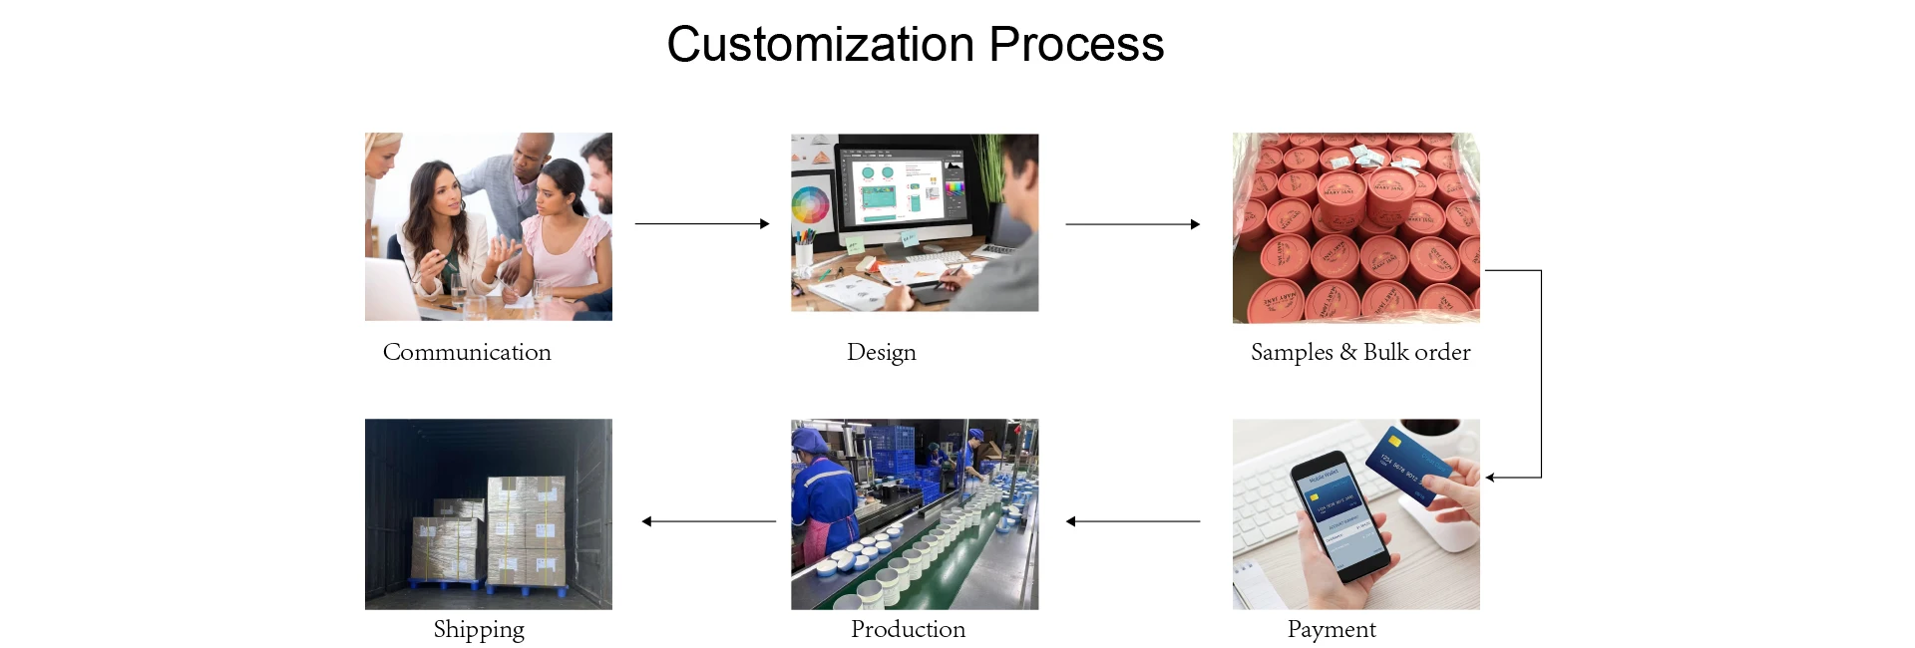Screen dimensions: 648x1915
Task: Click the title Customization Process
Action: point(915,45)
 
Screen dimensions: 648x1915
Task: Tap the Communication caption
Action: point(467,352)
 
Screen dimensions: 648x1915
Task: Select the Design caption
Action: point(881,352)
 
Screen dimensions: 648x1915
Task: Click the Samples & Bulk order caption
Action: point(1360,352)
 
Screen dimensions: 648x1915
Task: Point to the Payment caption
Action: point(1331,629)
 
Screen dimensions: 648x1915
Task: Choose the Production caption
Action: point(908,629)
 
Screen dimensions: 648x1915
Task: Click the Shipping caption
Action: point(479,629)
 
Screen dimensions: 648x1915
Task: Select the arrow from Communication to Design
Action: point(702,224)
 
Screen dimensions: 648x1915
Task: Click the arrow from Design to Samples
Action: point(1133,224)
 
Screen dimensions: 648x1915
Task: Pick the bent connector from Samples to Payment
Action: point(1541,374)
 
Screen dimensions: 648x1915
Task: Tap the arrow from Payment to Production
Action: point(1133,521)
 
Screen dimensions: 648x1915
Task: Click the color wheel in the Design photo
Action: point(811,206)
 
